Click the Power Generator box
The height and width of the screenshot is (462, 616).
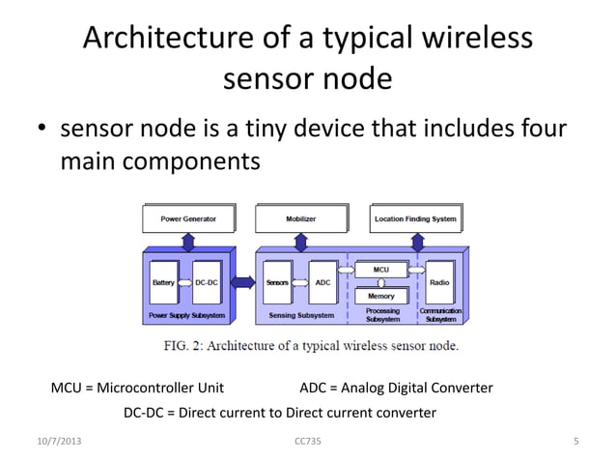point(187,219)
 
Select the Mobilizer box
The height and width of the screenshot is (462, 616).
point(300,219)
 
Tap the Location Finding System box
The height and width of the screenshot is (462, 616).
point(415,219)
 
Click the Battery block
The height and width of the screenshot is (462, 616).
point(163,283)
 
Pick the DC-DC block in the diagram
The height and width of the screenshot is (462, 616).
point(207,283)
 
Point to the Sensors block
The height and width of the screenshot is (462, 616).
point(277,283)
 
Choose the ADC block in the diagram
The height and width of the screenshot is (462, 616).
point(323,283)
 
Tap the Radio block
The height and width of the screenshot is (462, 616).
point(439,283)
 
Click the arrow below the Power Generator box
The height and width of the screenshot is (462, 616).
point(187,242)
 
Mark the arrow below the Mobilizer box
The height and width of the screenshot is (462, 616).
point(300,242)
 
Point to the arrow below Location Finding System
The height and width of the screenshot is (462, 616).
point(415,242)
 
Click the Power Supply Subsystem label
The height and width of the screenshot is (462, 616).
point(188,315)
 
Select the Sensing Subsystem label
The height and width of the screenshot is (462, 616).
point(301,315)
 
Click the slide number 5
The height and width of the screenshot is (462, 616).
point(575,442)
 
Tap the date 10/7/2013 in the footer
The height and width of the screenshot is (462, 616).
point(60,442)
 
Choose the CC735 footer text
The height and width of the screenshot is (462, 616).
point(307,442)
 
